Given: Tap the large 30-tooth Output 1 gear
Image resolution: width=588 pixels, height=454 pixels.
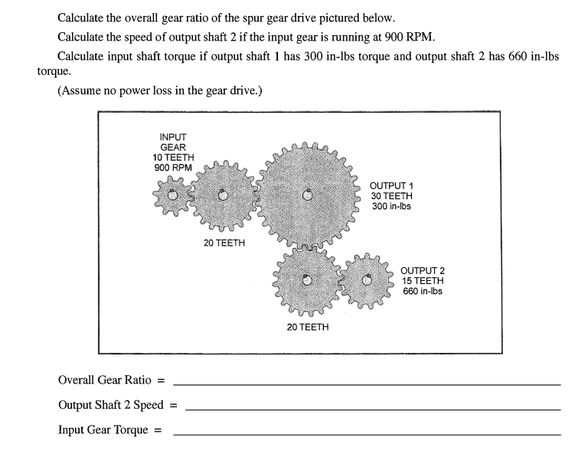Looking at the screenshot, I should pyautogui.click(x=308, y=194).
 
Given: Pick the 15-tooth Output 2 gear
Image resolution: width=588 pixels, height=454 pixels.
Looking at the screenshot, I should pyautogui.click(x=367, y=280).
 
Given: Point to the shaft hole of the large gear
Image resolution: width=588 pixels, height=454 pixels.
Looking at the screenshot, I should pyautogui.click(x=308, y=194).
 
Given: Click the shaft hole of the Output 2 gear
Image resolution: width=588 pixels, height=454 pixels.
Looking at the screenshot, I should pyautogui.click(x=367, y=280).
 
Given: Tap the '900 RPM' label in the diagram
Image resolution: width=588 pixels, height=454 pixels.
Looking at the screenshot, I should pyautogui.click(x=172, y=168).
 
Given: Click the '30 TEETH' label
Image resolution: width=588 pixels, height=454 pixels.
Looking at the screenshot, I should pyautogui.click(x=391, y=196).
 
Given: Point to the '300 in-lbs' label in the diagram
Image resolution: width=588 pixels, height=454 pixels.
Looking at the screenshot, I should pyautogui.click(x=391, y=206).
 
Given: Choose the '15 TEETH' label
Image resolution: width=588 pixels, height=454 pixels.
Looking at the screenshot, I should pyautogui.click(x=423, y=281).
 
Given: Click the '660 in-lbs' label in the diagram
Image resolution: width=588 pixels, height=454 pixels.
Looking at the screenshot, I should pyautogui.click(x=423, y=291).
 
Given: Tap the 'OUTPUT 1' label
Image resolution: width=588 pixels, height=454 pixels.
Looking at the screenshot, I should pyautogui.click(x=391, y=186).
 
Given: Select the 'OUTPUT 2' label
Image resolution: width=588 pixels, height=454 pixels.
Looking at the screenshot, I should pyautogui.click(x=423, y=271).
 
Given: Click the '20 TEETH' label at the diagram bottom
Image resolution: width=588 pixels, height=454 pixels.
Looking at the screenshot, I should pyautogui.click(x=308, y=327).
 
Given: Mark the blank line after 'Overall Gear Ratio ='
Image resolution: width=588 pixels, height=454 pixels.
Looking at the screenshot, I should pyautogui.click(x=367, y=382).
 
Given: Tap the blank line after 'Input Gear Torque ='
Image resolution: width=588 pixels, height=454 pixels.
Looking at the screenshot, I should pyautogui.click(x=367, y=433).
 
